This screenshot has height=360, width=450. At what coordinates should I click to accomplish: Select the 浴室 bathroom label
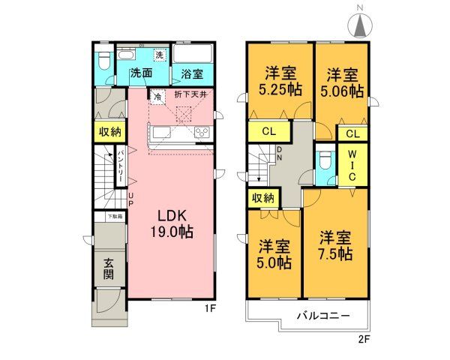(191, 74)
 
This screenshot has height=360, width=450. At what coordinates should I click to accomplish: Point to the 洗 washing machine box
(159, 55)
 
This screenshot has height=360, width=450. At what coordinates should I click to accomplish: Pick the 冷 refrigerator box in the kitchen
(158, 95)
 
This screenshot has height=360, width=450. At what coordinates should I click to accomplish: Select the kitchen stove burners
(202, 133)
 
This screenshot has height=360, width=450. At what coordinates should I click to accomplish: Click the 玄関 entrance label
(108, 268)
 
